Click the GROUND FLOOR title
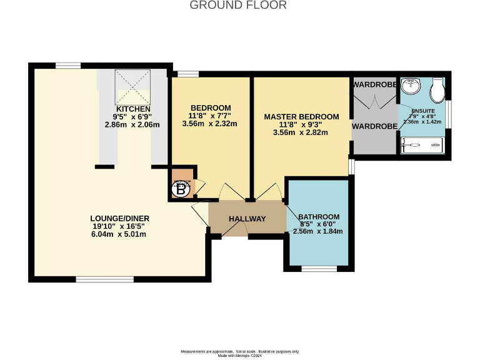(237, 6)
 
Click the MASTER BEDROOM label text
(301, 117)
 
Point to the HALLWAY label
(247, 219)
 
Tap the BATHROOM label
(318, 216)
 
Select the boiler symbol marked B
(181, 189)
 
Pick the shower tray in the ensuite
(422, 146)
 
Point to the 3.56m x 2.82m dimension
(301, 132)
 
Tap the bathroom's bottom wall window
(319, 269)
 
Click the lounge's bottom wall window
(96, 279)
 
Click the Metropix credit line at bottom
(240, 355)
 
